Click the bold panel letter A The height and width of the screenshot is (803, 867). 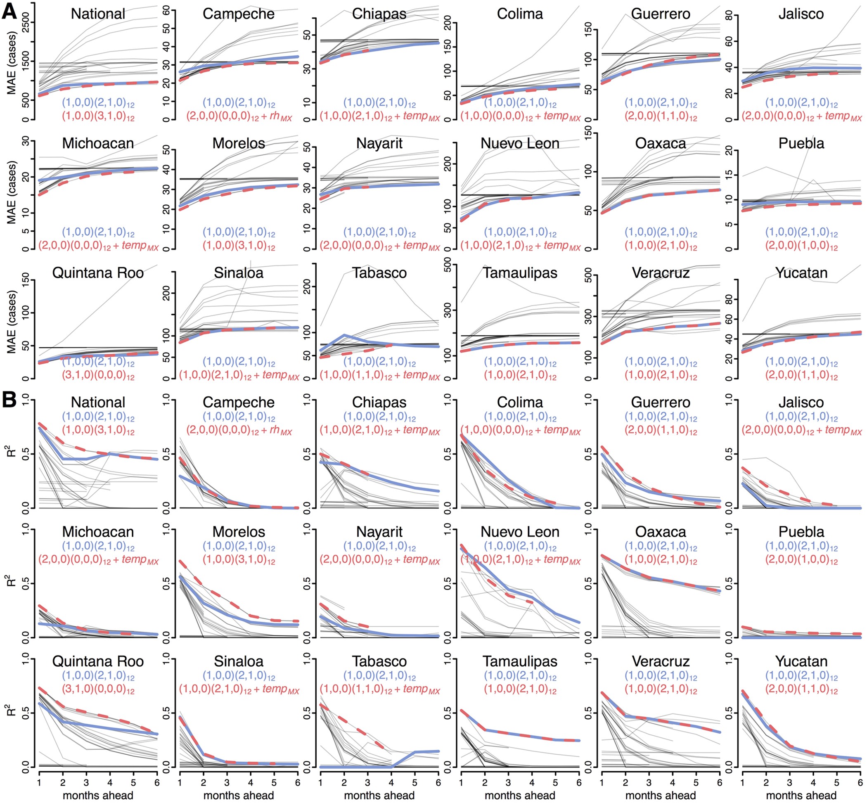pos(9,11)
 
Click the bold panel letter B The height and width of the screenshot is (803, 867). pos(9,400)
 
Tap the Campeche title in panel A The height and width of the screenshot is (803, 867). pos(239,14)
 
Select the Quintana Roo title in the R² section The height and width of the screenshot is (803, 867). pos(98,661)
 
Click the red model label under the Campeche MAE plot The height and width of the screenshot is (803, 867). pos(239,116)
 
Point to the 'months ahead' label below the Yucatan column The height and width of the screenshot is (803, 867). pos(801,795)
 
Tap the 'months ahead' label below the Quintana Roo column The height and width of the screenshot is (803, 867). pos(98,795)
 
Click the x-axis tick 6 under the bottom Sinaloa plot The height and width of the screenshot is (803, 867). pos(298,782)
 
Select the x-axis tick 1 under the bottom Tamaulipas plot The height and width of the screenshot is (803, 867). pos(461,782)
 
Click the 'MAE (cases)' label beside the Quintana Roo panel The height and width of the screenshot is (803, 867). pos(12,321)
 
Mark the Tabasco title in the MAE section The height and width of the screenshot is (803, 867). pos(379,273)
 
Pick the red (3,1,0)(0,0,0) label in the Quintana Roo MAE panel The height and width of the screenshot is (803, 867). pos(98,375)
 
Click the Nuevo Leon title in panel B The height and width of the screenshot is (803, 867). pos(520,532)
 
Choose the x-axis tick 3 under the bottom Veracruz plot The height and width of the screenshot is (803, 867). pos(649,782)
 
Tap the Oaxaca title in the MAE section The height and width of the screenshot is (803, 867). pos(660,143)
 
